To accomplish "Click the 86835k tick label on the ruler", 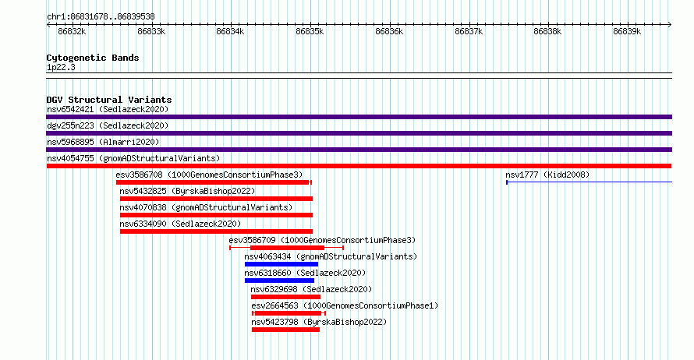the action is (310, 31).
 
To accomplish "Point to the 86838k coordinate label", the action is (547, 31).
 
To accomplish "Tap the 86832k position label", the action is (72, 31).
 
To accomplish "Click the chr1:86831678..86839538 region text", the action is (101, 17).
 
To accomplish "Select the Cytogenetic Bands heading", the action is (93, 58).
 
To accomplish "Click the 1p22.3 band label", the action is (61, 68).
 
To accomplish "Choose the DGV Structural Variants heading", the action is (109, 100).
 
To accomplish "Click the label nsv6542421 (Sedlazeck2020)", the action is (108, 109).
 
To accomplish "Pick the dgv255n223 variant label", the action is (71, 125).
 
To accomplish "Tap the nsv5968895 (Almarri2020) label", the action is (103, 142).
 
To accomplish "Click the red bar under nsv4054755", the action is (359, 166).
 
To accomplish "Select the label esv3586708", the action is (139, 175).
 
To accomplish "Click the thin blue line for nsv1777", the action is (589, 182).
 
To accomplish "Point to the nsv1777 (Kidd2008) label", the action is (547, 175).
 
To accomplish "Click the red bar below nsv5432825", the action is (216, 199).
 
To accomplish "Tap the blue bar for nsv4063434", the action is (281, 264).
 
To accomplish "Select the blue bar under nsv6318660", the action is (279, 281).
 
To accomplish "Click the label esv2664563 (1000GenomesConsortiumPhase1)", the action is (345, 305).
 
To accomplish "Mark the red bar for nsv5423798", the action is (285, 330).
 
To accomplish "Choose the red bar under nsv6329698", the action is (285, 297).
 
